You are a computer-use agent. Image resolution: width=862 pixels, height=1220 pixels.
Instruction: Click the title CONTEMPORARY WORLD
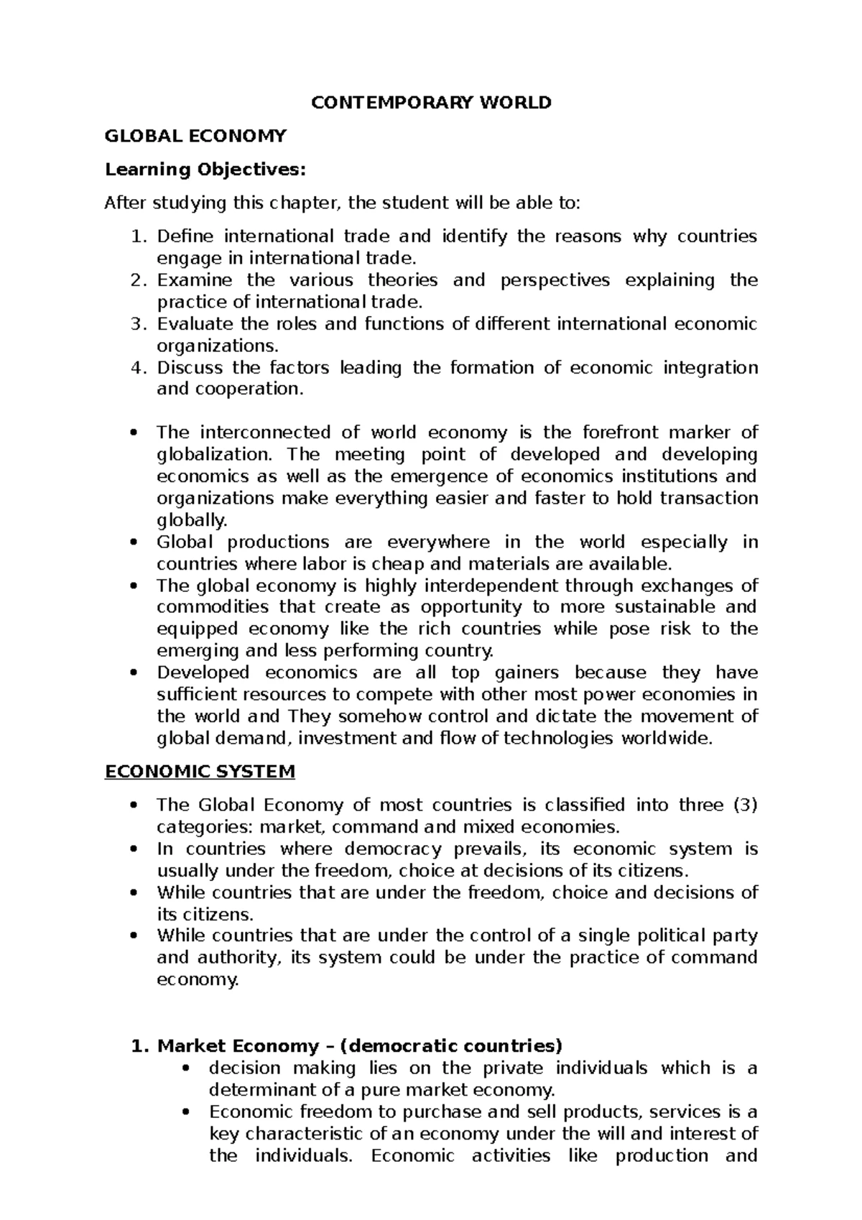pyautogui.click(x=431, y=103)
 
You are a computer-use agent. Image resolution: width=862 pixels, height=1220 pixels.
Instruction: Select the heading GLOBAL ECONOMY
pyautogui.click(x=195, y=136)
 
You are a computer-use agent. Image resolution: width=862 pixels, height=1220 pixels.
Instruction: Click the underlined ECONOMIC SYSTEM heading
pyautogui.click(x=200, y=772)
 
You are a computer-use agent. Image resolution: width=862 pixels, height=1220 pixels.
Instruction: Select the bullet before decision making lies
pyautogui.click(x=186, y=1069)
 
